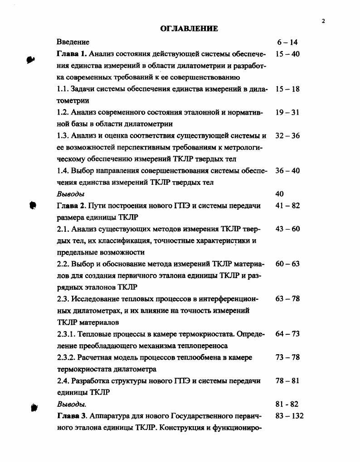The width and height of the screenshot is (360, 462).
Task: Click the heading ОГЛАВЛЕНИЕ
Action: click(x=190, y=29)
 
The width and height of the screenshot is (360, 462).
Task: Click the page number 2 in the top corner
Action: click(x=324, y=21)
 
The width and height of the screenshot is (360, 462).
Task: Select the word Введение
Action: click(x=73, y=42)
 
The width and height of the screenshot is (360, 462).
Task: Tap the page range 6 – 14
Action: click(x=287, y=42)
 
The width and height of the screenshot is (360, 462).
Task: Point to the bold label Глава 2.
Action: click(x=71, y=206)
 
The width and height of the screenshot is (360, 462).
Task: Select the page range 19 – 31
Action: click(x=287, y=112)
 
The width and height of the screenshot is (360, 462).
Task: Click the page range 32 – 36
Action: click(x=287, y=135)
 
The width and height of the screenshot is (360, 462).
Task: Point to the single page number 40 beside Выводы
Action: click(x=279, y=194)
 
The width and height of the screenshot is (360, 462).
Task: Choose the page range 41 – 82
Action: click(x=287, y=206)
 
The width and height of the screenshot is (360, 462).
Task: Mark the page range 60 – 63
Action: click(x=287, y=264)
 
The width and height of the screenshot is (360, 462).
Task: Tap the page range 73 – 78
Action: click(x=287, y=357)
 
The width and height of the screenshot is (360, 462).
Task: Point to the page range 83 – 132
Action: click(x=289, y=416)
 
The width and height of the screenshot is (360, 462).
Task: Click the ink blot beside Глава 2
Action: click(x=33, y=206)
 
